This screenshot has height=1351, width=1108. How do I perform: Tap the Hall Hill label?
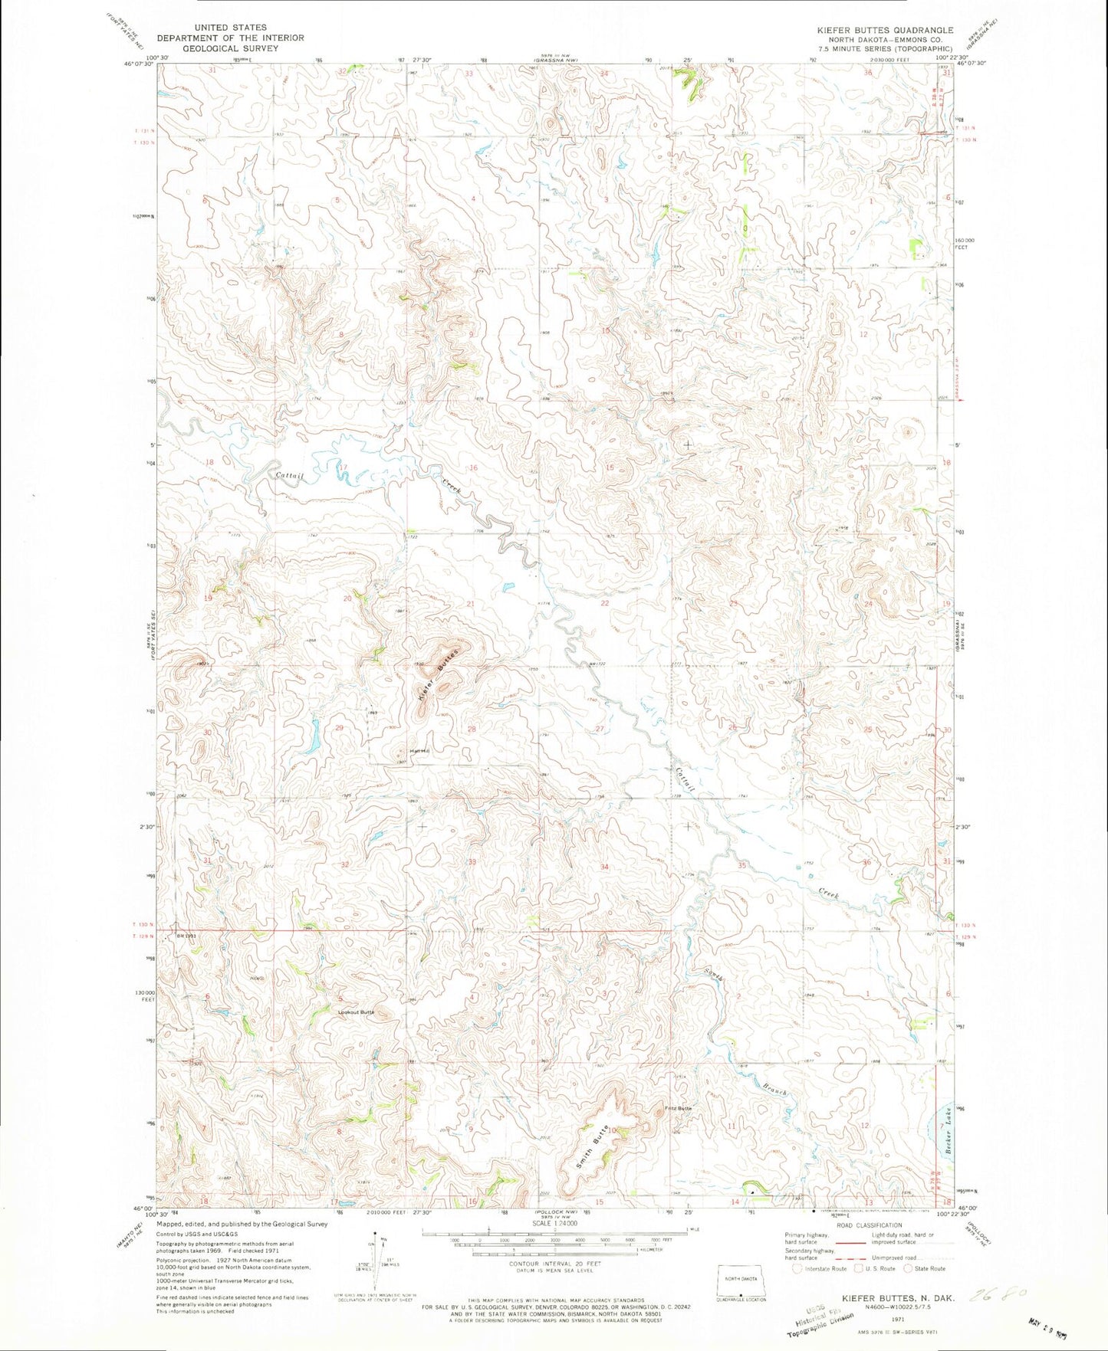(x=419, y=750)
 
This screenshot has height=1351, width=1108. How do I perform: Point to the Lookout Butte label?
(x=357, y=1012)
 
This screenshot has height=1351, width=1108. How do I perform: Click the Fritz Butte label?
(x=679, y=1108)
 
